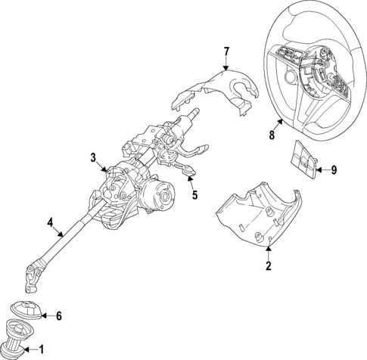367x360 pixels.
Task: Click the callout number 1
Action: (x=42, y=349)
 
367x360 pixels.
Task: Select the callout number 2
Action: (x=267, y=265)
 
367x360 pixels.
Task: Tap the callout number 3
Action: (x=93, y=157)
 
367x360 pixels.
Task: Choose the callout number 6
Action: (x=60, y=315)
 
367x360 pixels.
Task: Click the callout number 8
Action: (x=272, y=136)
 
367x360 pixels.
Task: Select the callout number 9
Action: (x=334, y=169)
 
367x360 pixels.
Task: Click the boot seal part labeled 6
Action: (x=28, y=311)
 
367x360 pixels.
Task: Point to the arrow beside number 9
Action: (x=321, y=169)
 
